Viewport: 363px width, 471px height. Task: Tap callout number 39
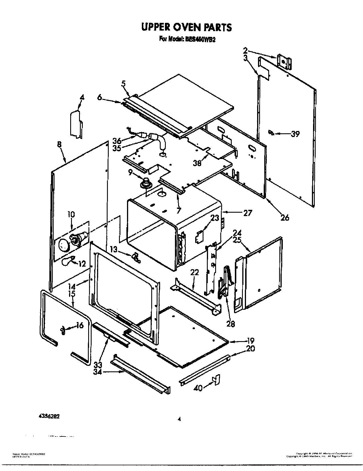click(295, 134)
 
